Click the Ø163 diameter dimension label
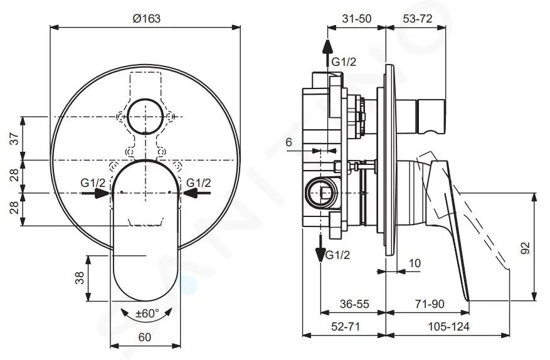tap(147, 18)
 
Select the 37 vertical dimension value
tap(14, 138)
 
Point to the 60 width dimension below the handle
tap(144, 337)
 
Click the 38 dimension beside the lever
tap(80, 278)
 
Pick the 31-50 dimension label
tap(357, 18)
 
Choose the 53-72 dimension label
tap(418, 18)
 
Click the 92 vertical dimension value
tap(525, 248)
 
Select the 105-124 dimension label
tap(448, 327)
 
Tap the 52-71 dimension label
tap(346, 327)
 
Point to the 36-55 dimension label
tap(354, 304)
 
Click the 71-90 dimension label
tap(430, 304)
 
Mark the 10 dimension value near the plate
tap(415, 263)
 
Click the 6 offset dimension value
tap(288, 142)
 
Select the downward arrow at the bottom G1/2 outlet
tap(320, 248)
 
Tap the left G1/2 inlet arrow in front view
tap(96, 193)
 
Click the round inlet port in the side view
tap(321, 193)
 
